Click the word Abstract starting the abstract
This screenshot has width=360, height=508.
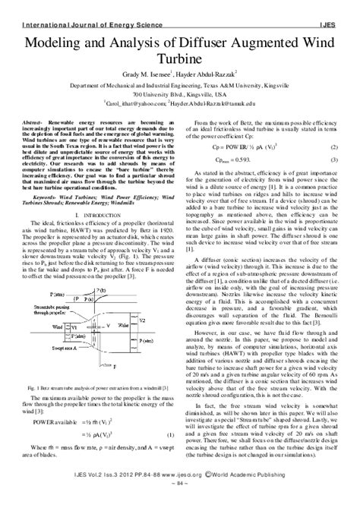pos(39,122)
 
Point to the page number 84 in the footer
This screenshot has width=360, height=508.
pos(179,502)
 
